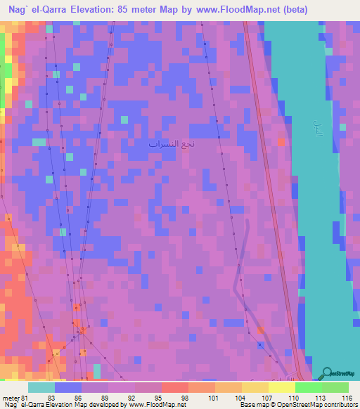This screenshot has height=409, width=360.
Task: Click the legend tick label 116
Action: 347,398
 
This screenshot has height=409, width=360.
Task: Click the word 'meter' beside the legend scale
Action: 10,398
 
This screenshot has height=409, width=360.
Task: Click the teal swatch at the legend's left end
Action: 41,387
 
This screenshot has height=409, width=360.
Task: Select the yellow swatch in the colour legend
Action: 255,387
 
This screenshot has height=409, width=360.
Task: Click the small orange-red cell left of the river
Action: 281,141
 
